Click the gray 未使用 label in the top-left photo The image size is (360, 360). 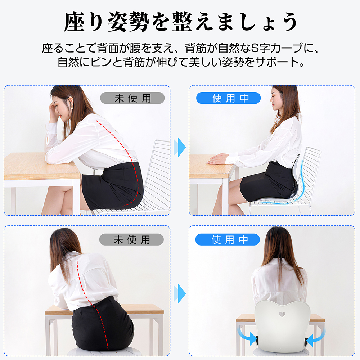132,98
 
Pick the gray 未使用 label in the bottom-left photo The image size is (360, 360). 131,239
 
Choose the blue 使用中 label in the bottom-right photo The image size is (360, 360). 228,239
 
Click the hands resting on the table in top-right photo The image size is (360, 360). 218,159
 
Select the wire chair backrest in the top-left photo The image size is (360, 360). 157,173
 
